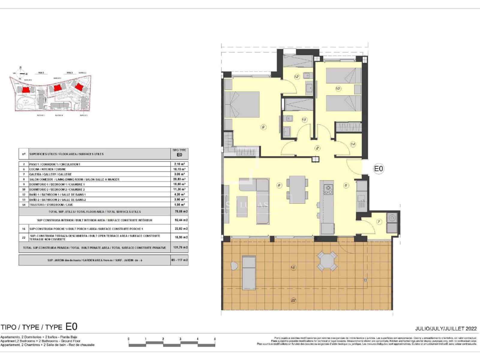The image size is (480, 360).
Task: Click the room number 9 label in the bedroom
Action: tap(263, 127)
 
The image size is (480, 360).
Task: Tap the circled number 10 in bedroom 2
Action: tap(338, 88)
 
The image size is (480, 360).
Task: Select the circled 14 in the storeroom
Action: tap(353, 144)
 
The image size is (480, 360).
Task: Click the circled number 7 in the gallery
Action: tap(379, 222)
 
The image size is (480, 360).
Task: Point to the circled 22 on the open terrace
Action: tap(293, 300)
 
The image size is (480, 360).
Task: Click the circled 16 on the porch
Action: tap(293, 267)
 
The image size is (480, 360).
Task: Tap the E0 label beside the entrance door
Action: tap(379, 169)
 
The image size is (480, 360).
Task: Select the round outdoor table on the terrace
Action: tap(327, 261)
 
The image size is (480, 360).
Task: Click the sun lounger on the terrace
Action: tap(249, 271)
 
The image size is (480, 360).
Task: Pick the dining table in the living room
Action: tap(297, 189)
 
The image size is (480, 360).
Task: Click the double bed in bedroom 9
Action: tap(243, 104)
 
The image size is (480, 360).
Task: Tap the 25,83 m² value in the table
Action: tap(179, 179)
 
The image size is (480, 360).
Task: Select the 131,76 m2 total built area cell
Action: tap(179, 248)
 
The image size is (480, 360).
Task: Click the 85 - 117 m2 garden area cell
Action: tap(179, 260)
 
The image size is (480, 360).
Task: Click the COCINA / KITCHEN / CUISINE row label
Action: tap(47, 169)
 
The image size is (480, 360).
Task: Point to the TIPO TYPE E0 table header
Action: tap(179, 153)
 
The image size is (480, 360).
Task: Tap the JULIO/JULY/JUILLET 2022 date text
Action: tap(446, 328)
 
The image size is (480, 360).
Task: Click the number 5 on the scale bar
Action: tap(215, 339)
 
